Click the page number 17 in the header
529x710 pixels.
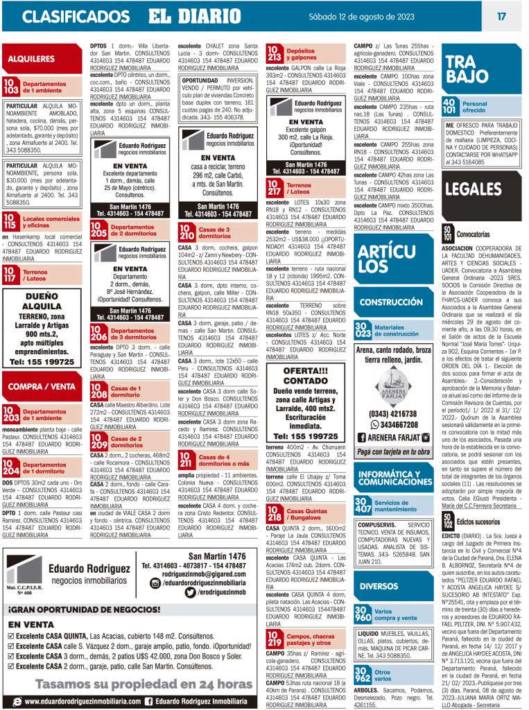[501, 16]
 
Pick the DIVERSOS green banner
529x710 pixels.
[379, 586]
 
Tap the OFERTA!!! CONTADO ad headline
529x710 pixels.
[305, 375]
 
